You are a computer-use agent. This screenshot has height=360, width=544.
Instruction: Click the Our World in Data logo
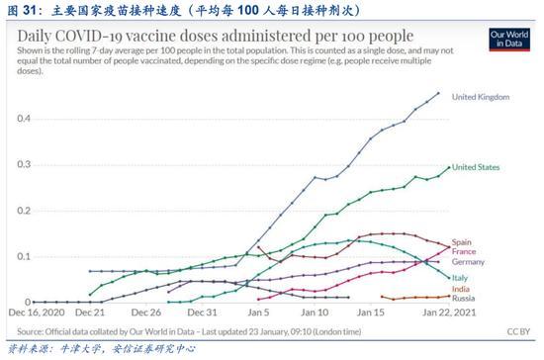pyautogui.click(x=509, y=40)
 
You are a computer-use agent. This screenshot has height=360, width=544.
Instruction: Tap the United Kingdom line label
pyautogui.click(x=481, y=97)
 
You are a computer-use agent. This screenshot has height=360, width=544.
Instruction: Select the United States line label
pyautogui.click(x=476, y=167)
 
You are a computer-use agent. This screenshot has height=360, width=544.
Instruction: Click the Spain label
pyautogui.click(x=462, y=242)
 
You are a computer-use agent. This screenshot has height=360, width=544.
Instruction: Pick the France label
pyautogui.click(x=464, y=251)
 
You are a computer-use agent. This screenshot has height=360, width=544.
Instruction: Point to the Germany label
pyautogui.click(x=468, y=262)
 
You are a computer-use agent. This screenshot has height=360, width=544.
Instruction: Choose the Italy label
pyautogui.click(x=460, y=278)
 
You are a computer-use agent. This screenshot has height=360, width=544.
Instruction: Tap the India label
pyautogui.click(x=460, y=289)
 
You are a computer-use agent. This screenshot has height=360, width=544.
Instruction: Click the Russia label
pyautogui.click(x=463, y=299)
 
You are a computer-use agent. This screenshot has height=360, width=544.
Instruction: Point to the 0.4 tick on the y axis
pyautogui.click(x=24, y=119)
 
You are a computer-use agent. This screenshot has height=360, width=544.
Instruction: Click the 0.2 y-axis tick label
pyautogui.click(x=24, y=211)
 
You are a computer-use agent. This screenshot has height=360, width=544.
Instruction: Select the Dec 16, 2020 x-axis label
pyautogui.click(x=37, y=313)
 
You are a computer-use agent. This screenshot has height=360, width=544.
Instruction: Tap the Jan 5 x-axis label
pyautogui.click(x=258, y=313)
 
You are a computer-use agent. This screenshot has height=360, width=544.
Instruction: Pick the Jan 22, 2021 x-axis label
pyautogui.click(x=449, y=313)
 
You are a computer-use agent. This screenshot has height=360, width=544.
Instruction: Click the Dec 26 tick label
pyautogui.click(x=146, y=313)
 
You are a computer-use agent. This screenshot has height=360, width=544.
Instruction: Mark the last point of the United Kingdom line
pyautogui.click(x=438, y=93)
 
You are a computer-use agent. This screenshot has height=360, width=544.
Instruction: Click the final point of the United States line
pyautogui.click(x=449, y=167)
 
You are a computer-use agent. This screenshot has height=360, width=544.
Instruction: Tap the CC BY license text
pyautogui.click(x=518, y=332)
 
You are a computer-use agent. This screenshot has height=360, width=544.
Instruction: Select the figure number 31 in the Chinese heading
pyautogui.click(x=30, y=10)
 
